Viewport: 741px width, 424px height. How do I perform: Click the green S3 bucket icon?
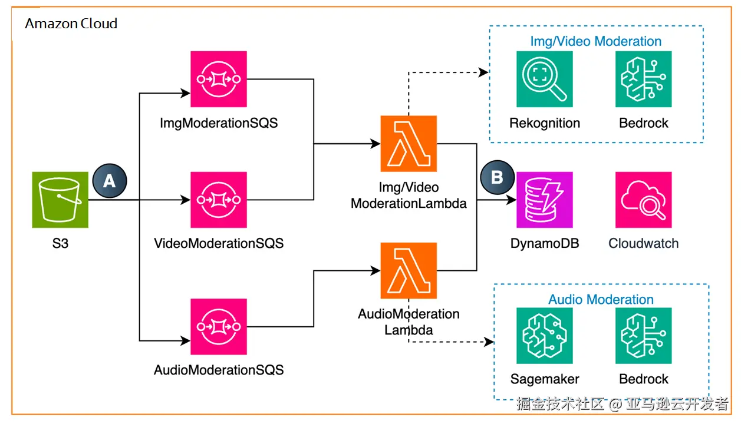[x=60, y=200]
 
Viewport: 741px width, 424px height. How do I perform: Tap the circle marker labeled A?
[x=110, y=181]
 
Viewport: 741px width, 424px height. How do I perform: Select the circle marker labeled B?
[x=497, y=177]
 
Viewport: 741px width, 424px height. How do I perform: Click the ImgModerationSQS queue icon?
[x=219, y=79]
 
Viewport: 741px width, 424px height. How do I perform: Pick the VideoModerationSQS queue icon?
[x=219, y=200]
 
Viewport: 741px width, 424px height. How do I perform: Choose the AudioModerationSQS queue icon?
[x=219, y=327]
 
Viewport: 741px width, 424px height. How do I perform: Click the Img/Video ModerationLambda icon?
[x=409, y=144]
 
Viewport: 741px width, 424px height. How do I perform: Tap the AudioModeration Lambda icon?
[x=409, y=270]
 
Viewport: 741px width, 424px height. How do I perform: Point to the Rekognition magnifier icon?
[x=545, y=79]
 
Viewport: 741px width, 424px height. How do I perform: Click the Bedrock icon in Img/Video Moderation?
[x=644, y=79]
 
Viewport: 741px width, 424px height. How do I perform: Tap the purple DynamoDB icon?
[x=545, y=200]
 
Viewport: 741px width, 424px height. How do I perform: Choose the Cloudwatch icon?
[x=644, y=200]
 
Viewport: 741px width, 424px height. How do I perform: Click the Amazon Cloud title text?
[x=71, y=24]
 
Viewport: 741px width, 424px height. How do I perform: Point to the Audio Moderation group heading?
[x=601, y=299]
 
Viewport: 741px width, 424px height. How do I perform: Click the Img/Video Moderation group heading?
[x=595, y=41]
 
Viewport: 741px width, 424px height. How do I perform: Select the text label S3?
[x=60, y=243]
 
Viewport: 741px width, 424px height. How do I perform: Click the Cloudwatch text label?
[x=644, y=243]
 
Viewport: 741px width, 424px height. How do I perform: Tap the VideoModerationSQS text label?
[x=219, y=243]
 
